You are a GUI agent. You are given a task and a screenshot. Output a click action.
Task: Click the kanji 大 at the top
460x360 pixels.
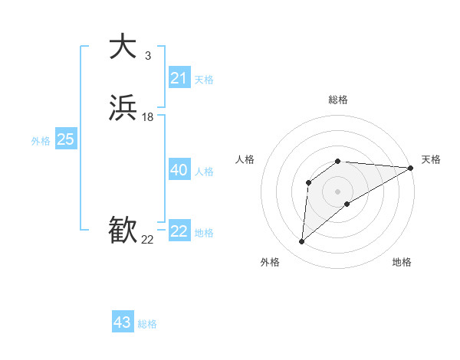(x=123, y=47)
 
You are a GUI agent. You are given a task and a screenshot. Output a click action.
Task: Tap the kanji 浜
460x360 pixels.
(x=123, y=108)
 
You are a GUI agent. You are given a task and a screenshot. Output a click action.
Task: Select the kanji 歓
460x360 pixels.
(x=123, y=230)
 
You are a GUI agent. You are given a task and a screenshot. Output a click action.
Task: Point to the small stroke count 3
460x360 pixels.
(x=148, y=55)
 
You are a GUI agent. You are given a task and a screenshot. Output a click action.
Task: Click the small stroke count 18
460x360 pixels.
(x=148, y=117)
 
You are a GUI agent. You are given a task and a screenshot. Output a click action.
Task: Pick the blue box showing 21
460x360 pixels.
(x=179, y=78)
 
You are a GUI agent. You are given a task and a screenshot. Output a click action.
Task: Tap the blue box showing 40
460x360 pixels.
(x=179, y=170)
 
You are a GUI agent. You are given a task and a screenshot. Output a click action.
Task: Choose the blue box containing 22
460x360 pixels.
(x=179, y=231)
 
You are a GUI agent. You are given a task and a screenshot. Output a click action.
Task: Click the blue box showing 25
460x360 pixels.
(x=66, y=139)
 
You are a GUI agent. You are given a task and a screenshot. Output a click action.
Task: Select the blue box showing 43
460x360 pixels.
(x=123, y=322)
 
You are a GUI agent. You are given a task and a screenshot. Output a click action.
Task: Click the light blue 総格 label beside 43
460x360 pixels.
(x=147, y=324)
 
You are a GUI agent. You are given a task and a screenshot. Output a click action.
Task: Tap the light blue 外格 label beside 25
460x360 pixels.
(x=41, y=141)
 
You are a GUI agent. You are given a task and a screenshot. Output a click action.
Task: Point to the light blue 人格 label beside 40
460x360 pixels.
(x=205, y=172)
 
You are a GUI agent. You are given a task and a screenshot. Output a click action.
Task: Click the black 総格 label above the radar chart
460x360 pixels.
(x=338, y=100)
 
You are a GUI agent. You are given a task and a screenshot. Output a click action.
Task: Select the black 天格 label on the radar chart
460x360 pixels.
(x=431, y=159)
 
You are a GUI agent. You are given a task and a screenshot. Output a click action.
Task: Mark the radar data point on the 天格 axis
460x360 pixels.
(x=411, y=168)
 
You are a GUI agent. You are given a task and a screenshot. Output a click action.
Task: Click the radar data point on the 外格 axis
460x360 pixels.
(x=301, y=242)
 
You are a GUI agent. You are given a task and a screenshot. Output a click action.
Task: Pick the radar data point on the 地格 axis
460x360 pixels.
(x=347, y=204)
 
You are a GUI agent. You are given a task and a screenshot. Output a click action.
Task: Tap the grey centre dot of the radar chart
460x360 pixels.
(x=338, y=191)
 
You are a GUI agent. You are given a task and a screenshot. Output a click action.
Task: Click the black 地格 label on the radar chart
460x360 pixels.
(x=402, y=263)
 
